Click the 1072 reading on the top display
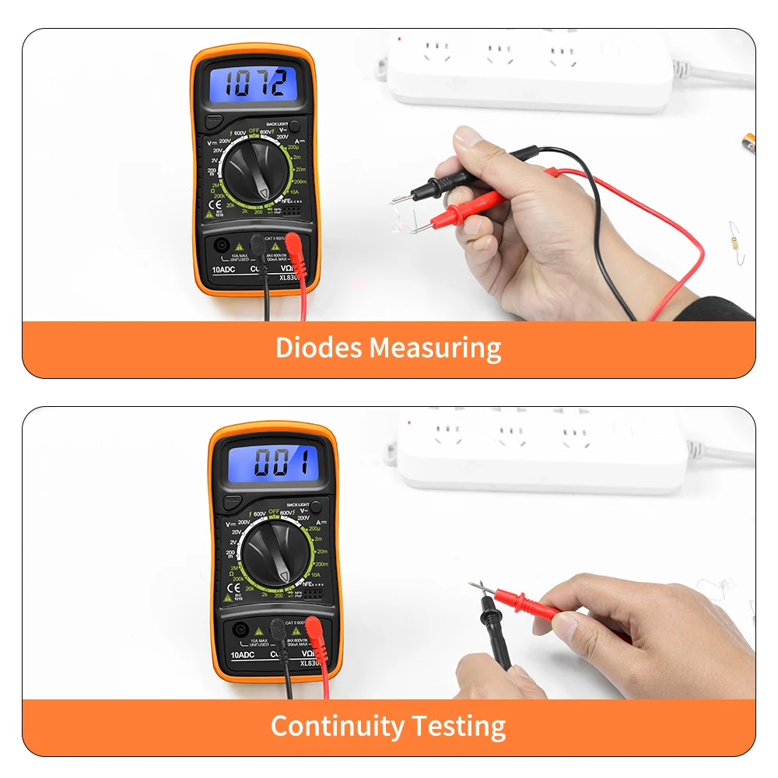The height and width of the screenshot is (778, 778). coord(256,83)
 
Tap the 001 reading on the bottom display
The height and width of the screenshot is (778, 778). coord(273,464)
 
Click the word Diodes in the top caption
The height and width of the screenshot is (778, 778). coord(318,348)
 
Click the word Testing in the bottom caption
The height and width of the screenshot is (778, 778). coord(459,727)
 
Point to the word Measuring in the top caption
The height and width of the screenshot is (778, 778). coord(435,348)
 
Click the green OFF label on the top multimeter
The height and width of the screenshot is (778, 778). coord(254,131)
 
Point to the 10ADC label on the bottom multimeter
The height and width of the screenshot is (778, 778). coord(244,655)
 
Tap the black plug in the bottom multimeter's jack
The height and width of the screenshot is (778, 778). coord(278,628)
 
